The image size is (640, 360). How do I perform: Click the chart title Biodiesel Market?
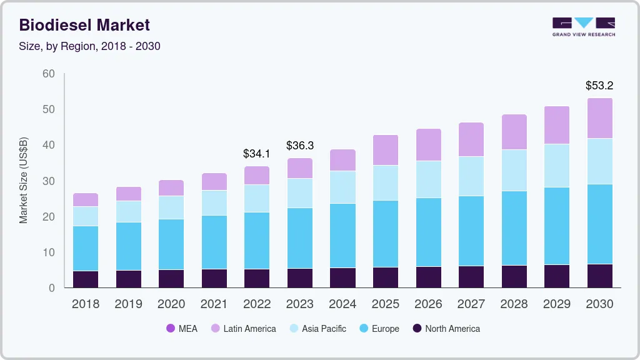(84, 25)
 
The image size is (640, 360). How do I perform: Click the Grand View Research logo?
(584, 26)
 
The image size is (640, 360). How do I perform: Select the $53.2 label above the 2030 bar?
(599, 85)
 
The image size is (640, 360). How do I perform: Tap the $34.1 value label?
(257, 153)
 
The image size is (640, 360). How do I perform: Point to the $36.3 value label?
(300, 145)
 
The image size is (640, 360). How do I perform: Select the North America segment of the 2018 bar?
(86, 279)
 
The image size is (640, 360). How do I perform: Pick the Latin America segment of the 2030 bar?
(599, 118)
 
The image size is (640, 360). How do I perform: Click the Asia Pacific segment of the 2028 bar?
(514, 170)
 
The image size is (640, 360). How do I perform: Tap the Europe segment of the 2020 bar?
(171, 244)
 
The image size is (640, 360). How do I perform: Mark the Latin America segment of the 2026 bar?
(428, 145)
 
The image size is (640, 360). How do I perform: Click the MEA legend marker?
(171, 329)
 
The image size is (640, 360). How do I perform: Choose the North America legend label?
(452, 329)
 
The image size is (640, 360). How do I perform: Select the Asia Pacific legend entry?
(324, 329)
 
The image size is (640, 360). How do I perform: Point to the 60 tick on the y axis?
(49, 74)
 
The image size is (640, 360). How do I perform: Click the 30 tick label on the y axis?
(49, 181)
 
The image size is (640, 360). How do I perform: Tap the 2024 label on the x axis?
(342, 304)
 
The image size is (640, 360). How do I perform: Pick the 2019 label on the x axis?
(128, 304)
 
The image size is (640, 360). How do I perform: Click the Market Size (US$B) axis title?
(24, 180)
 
